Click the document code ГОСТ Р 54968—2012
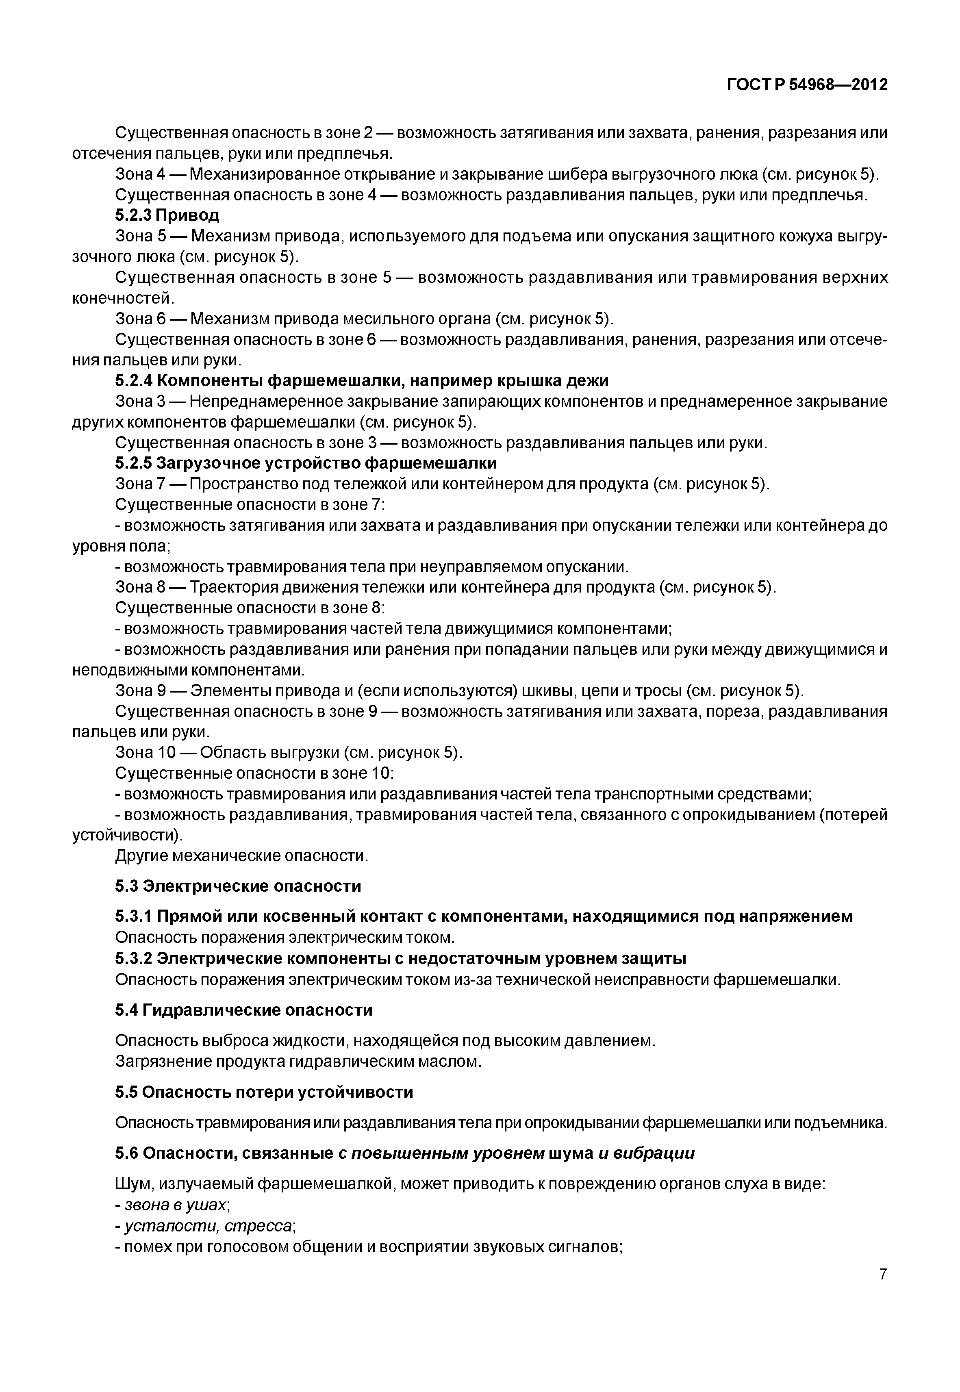pyautogui.click(x=807, y=85)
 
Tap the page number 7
pyautogui.click(x=882, y=1273)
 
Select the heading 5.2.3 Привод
pyautogui.click(x=167, y=215)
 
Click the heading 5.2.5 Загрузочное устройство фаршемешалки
pyautogui.click(x=306, y=463)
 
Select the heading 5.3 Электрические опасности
pyautogui.click(x=238, y=886)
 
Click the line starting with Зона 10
pyautogui.click(x=289, y=753)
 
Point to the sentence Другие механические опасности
pyautogui.click(x=241, y=856)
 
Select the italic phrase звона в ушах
pyautogui.click(x=176, y=1205)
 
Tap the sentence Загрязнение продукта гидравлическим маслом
pyautogui.click(x=298, y=1062)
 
